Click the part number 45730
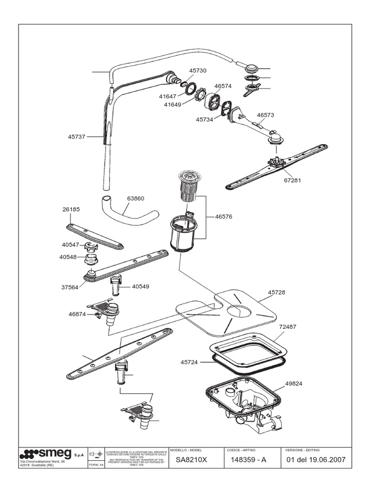click(x=197, y=70)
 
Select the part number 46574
click(x=223, y=86)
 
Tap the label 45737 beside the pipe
click(x=76, y=137)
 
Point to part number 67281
click(x=293, y=181)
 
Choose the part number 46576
click(x=223, y=216)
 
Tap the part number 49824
click(x=294, y=384)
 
